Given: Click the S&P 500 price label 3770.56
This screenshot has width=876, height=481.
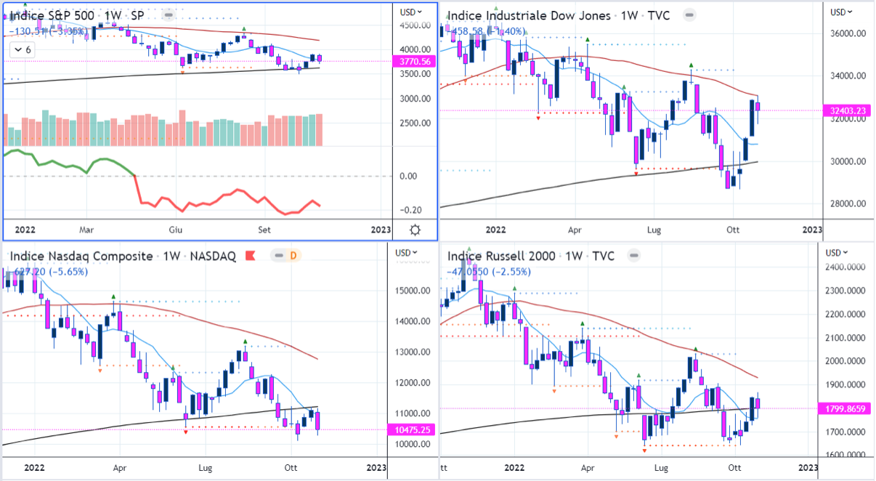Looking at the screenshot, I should coord(415,62).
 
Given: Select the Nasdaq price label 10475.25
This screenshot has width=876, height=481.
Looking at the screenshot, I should coord(412,429).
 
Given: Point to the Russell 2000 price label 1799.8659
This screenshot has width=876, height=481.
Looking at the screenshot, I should coord(846,408).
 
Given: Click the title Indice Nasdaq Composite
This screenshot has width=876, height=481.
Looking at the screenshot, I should coord(81,256).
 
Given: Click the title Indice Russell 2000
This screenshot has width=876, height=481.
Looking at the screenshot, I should coord(502,256).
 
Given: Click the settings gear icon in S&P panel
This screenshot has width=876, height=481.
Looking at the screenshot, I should coord(415,230).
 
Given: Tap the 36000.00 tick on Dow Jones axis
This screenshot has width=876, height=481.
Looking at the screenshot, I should coord(849,33).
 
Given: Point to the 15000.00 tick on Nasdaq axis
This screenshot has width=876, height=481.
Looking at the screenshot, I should coord(412,291).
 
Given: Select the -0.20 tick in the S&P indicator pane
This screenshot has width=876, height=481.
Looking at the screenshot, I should coord(411,210).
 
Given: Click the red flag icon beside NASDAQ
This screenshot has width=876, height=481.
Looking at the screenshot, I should coord(251,256).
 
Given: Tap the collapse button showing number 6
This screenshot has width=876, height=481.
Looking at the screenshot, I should coord(23,49).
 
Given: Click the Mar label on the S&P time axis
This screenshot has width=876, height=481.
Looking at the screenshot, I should coord(87,230).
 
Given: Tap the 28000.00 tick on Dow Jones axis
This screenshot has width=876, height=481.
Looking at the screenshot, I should coord(849,203).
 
